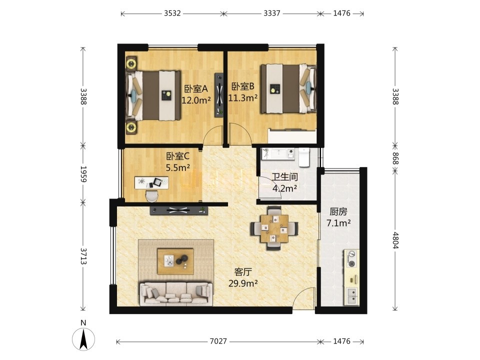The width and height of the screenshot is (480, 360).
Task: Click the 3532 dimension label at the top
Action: point(172,13)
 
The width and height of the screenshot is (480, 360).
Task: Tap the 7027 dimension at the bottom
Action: point(218,341)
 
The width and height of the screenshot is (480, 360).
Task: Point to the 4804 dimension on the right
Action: point(395,240)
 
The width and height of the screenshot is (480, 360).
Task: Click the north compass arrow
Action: point(83,338)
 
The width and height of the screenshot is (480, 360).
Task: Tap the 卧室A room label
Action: point(196,89)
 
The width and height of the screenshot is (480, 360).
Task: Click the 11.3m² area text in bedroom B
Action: point(243,97)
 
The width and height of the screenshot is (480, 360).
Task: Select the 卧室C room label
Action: point(178,156)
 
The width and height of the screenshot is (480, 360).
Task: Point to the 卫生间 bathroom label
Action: point(284,177)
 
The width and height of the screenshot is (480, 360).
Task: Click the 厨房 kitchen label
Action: point(338,211)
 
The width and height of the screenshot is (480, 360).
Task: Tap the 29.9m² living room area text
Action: point(243,283)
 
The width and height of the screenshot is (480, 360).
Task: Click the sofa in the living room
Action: point(176,294)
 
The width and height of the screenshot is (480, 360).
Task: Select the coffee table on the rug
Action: point(175,261)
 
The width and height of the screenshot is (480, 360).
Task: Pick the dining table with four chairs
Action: point(274,228)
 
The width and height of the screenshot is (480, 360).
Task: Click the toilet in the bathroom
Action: point(303,157)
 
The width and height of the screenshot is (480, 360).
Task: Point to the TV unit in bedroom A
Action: point(219,94)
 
